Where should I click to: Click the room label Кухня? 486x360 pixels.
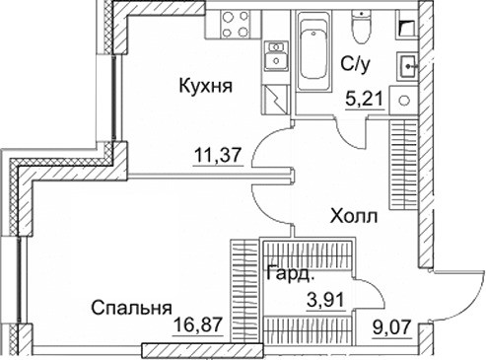207,87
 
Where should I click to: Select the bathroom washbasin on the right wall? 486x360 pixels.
406,67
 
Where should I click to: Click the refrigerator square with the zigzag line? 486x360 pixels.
276,100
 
